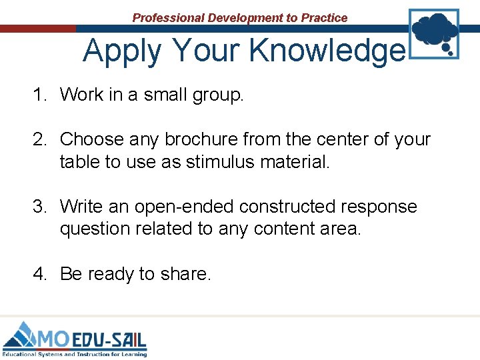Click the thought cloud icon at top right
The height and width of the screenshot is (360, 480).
coord(434,31)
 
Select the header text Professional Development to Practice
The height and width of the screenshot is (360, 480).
coord(240,18)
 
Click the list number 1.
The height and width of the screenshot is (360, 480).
coord(40,95)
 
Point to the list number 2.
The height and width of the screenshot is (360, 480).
coord(40,140)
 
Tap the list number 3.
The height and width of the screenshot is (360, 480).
coord(40,207)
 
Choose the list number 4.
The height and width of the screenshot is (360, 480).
coord(40,274)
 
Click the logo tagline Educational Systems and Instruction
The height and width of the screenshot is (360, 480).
coord(74,354)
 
